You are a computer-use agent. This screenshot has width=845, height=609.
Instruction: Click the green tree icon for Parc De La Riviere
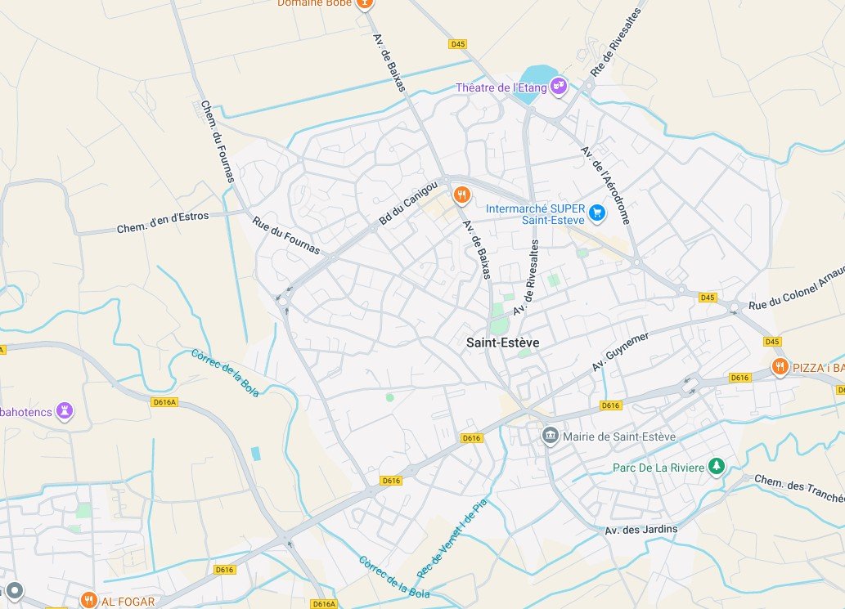717,467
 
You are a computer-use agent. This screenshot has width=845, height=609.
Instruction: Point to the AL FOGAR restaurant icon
88,601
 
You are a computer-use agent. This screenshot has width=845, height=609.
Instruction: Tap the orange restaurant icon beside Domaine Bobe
365,3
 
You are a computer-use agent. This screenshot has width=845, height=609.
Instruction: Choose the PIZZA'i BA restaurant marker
780,367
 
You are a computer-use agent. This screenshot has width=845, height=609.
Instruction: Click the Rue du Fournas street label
285,235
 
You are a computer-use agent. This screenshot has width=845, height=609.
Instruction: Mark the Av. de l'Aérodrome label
605,186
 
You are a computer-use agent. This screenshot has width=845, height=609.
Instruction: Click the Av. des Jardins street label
641,529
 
